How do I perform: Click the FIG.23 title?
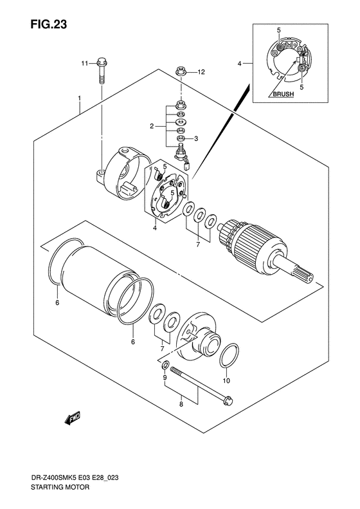click(49, 24)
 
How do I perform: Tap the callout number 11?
click(84, 64)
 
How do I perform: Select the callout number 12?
click(201, 72)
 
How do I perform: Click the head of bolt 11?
click(102, 61)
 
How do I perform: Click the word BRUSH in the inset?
click(283, 94)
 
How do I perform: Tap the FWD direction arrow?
click(73, 418)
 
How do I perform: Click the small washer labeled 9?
click(165, 365)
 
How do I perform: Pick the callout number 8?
click(181, 404)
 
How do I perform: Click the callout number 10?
click(226, 380)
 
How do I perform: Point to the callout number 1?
click(79, 98)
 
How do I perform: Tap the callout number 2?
click(152, 126)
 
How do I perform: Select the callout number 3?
click(196, 138)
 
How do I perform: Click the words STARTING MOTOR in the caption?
click(60, 487)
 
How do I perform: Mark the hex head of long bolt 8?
click(228, 401)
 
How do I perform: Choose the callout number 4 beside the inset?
click(239, 64)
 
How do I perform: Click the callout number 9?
click(165, 377)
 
